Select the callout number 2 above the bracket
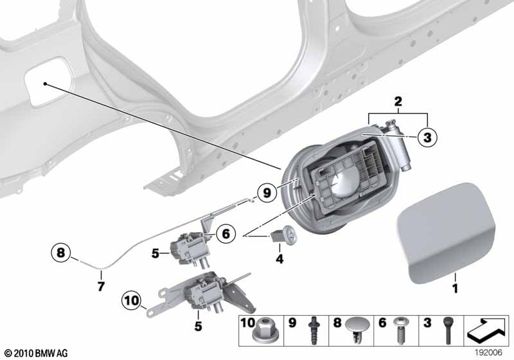point(398,101)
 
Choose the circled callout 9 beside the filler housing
point(266,192)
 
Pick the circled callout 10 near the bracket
point(132,300)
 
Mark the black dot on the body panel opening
point(45,83)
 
